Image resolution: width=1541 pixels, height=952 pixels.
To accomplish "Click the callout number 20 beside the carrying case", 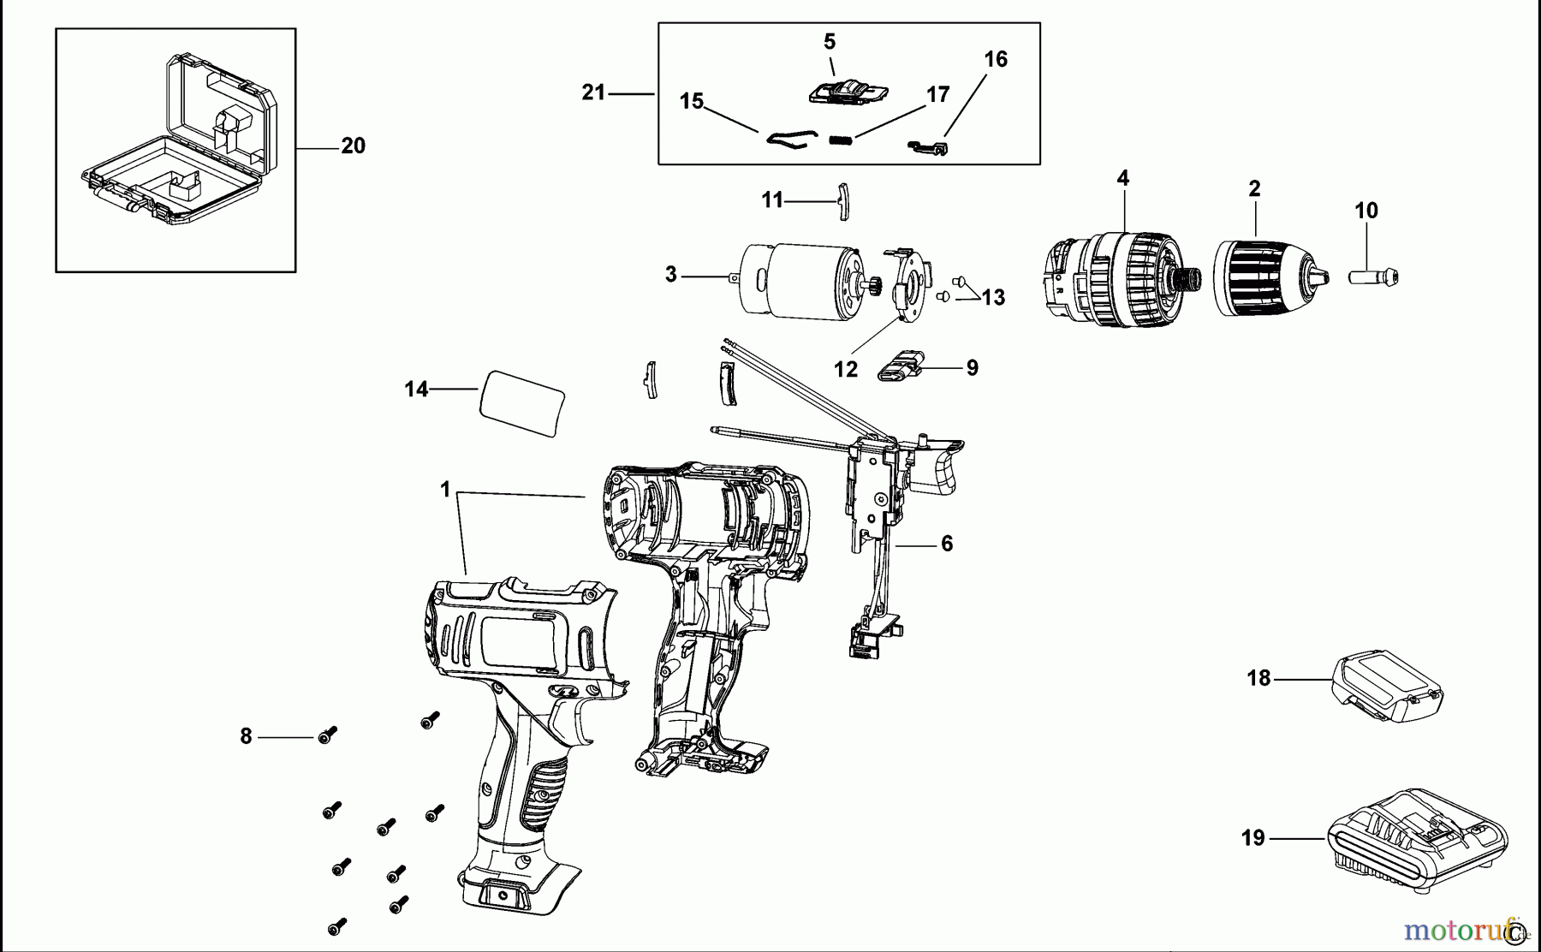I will [x=353, y=146].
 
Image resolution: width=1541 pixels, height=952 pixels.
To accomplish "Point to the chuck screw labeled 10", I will [x=1373, y=277].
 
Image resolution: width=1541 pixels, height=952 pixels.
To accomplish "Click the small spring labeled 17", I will [x=842, y=140].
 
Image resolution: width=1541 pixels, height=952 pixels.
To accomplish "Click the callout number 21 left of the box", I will [x=593, y=92].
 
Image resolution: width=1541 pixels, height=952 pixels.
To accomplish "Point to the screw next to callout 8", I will [x=327, y=735].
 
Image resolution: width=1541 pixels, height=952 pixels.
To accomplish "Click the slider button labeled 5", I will [x=847, y=92].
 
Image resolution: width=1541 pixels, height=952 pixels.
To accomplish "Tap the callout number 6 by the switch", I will [x=946, y=544].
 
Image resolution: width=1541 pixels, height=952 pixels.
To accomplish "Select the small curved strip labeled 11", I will [x=841, y=201].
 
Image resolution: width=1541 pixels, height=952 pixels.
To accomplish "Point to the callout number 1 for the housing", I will [x=445, y=490].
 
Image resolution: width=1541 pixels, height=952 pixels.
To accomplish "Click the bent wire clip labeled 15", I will [x=783, y=140].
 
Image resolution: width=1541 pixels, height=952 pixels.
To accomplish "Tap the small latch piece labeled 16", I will [x=929, y=148].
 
